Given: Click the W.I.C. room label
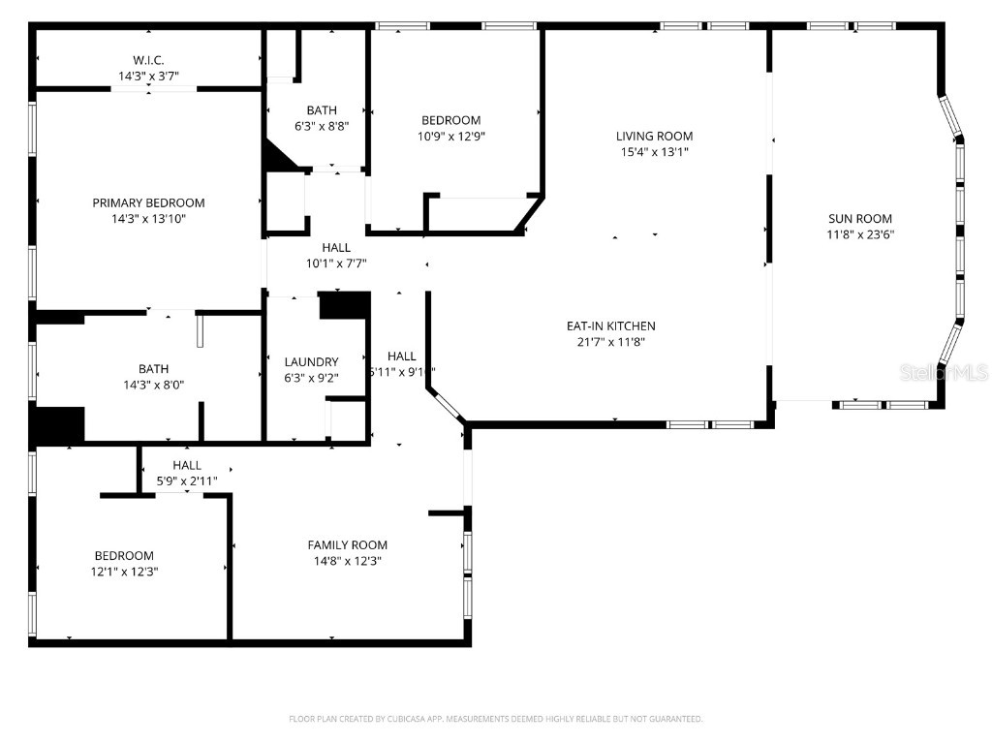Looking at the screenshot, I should [x=148, y=60].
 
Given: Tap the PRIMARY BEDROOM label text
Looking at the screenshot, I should [x=148, y=202].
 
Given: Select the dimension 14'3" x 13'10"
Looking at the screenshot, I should [x=148, y=219].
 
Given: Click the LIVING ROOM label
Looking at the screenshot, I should [x=655, y=137].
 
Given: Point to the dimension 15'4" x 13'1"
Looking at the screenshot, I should [x=655, y=152].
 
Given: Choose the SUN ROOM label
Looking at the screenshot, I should [x=859, y=218].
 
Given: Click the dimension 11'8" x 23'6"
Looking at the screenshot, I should [x=859, y=233].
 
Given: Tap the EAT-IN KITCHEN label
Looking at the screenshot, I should [x=610, y=325].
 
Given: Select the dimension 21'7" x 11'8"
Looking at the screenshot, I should [x=610, y=341].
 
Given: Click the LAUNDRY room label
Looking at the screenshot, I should [x=311, y=361].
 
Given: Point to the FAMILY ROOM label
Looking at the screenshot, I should [x=347, y=544].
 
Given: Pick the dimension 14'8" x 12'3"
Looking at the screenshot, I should [x=347, y=561].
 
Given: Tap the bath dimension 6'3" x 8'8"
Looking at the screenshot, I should [x=322, y=126].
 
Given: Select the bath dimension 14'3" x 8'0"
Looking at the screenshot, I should [x=153, y=385].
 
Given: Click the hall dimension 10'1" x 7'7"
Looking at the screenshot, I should [x=336, y=263].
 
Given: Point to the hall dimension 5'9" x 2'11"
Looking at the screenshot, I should [x=187, y=480].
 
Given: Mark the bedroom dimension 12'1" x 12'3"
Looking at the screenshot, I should [x=124, y=572].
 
